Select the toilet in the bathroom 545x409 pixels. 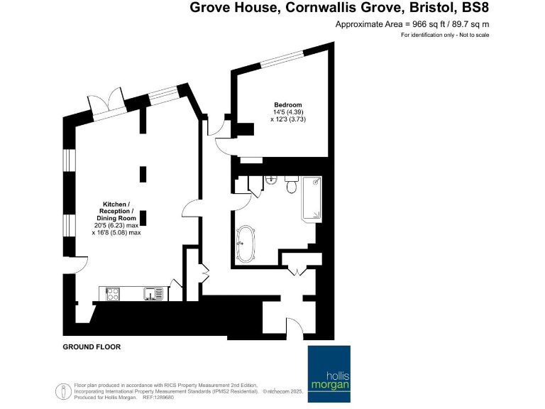tap(291, 187)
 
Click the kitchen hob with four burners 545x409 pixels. tap(114, 293)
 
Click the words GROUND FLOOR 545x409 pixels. tap(92, 347)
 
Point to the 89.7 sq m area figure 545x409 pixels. tap(465, 24)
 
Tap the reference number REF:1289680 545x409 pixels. tap(158, 398)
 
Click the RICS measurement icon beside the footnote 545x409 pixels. tap(62, 391)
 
